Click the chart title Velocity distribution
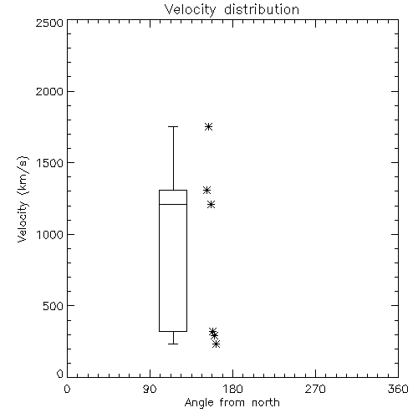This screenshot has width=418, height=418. point(232,9)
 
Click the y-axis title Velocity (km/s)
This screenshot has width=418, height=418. point(23,199)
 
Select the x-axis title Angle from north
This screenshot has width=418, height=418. point(232,403)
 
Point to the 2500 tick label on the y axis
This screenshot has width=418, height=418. point(49,23)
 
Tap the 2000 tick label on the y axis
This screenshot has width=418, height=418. point(49,91)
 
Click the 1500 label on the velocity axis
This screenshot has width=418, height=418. point(50,162)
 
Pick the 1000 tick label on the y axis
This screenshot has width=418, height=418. point(50,234)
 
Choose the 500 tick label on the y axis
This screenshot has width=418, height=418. point(54,306)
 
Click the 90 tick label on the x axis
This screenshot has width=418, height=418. point(150,389)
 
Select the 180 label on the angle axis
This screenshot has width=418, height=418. point(232,389)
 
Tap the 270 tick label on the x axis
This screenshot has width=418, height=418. point(315,389)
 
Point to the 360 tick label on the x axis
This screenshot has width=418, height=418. point(398,389)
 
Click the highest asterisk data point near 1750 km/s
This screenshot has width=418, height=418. point(208,127)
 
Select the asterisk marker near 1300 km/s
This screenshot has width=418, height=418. point(206,191)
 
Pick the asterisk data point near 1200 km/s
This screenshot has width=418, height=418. point(212,205)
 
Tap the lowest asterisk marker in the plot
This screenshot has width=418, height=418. point(216,344)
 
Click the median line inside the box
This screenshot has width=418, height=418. point(173,204)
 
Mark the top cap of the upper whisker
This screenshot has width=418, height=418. point(173,126)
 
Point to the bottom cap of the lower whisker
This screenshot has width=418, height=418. point(173,344)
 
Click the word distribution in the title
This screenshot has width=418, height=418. point(262,9)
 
